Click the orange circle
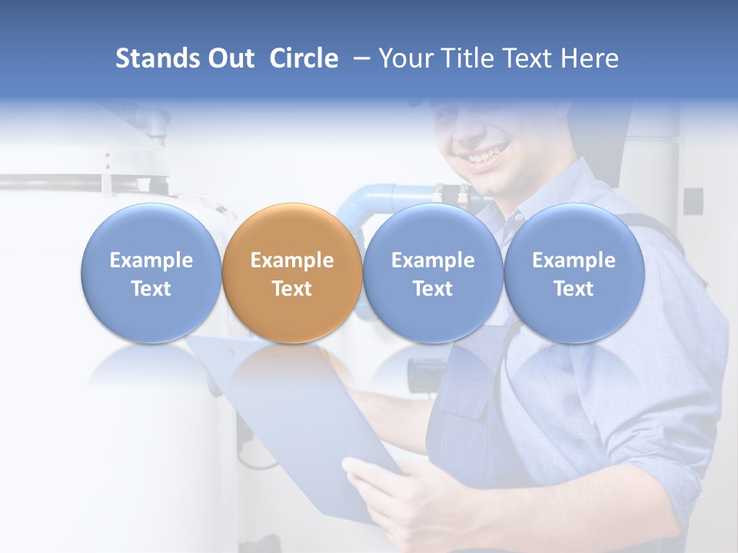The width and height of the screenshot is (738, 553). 291,273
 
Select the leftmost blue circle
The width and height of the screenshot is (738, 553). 151,273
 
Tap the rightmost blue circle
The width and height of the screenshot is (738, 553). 573,273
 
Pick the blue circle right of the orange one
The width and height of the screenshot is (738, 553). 432,273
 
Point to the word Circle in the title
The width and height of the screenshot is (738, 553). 304,58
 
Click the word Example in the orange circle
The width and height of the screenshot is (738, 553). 291,260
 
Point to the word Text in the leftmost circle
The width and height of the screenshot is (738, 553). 151,289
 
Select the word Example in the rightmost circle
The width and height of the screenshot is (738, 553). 573,260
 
